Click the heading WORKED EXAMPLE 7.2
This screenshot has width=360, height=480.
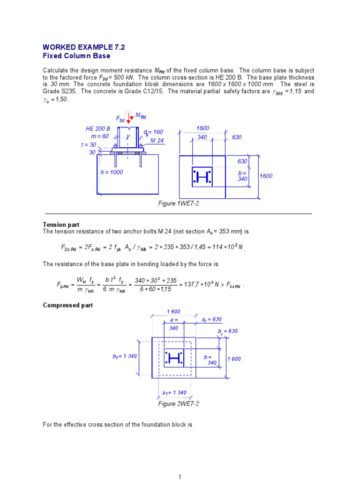pos(84,47)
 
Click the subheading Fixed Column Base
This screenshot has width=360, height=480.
pos(76,56)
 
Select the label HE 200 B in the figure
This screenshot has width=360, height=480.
pos(98,128)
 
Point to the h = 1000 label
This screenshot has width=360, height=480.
pos(112,172)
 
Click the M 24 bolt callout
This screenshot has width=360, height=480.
pos(157,140)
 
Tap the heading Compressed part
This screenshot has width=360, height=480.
pos(68,305)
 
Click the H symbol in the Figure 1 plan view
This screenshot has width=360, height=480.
pos(202,177)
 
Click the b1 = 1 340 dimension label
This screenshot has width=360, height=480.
pos(125,356)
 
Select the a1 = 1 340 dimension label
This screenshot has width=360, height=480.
pos(174,393)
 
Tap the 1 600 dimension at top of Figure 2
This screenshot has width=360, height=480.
pos(173,312)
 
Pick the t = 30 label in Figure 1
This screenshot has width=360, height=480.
pos(88,145)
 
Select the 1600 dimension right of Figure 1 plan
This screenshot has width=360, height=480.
pos(266,176)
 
